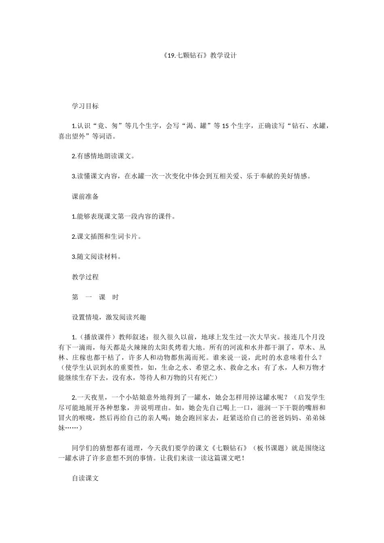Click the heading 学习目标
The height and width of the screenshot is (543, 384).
tap(85, 106)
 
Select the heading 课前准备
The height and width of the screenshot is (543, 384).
tap(85, 197)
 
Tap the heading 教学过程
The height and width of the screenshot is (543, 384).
tap(85, 277)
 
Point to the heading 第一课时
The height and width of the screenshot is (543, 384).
tap(95, 297)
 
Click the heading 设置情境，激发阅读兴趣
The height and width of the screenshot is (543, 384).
tap(109, 318)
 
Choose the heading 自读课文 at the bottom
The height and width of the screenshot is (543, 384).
tap(85, 478)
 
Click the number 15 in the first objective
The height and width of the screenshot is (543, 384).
tap(226, 126)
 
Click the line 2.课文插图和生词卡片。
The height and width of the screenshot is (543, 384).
tap(106, 237)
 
